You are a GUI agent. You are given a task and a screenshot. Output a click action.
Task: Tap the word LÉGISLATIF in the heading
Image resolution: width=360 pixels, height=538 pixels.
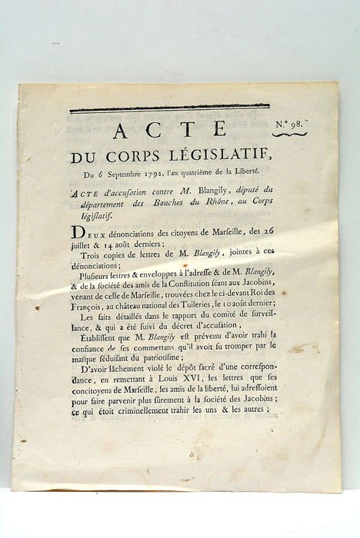point(215,157)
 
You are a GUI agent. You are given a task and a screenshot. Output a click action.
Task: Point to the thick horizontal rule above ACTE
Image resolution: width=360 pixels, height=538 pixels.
point(169,108)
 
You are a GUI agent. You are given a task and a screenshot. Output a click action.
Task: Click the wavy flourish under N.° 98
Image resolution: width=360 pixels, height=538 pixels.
point(289,134)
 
